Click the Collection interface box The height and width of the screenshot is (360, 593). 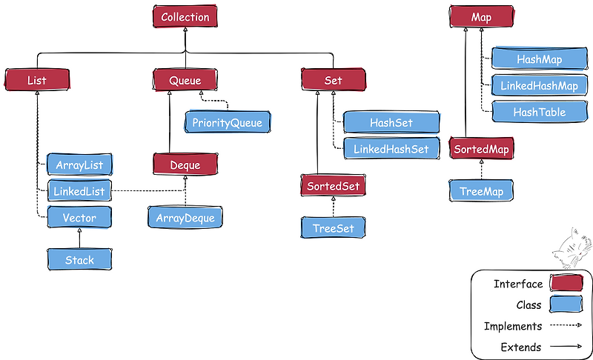click(185, 16)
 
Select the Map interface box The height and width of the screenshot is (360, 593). click(481, 16)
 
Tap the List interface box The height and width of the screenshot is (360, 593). click(36, 79)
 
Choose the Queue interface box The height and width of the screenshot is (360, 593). click(185, 79)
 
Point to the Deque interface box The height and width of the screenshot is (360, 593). click(186, 164)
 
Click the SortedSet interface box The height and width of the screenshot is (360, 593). click(334, 186)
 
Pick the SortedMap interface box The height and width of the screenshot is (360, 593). click(482, 148)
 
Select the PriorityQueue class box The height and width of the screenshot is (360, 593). click(228, 122)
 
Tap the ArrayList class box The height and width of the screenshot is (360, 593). click(79, 164)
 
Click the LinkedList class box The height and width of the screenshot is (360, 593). click(79, 191)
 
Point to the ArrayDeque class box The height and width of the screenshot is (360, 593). click(185, 218)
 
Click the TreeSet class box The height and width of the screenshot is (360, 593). click(333, 227)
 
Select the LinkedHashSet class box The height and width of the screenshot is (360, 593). click(391, 149)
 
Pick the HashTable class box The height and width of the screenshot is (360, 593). click(540, 112)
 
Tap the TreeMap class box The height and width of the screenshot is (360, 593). click(481, 191)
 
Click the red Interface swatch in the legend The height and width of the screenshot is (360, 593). click(566, 284)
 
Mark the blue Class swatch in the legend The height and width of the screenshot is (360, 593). click(566, 304)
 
